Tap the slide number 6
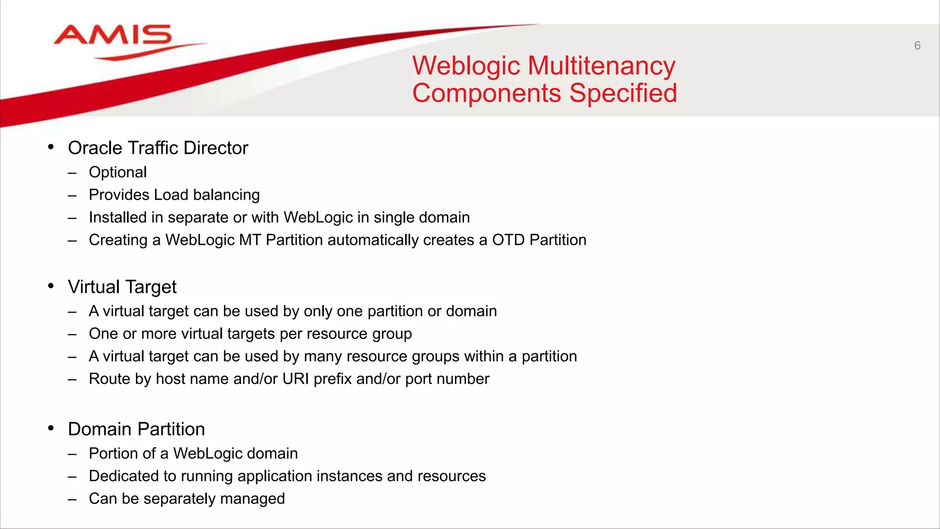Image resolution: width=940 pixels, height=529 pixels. pos(917,45)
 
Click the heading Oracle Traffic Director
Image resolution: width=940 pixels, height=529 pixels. pos(158,148)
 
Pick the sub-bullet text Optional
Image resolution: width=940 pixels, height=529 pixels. pos(117,172)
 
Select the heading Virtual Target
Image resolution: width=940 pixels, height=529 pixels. pos(122,287)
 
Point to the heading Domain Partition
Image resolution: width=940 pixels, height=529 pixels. pos(136,429)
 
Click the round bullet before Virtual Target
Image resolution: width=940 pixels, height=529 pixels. pos(51,286)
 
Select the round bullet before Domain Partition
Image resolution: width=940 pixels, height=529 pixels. pos(51,428)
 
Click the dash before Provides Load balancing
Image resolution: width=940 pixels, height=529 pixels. pos(72,196)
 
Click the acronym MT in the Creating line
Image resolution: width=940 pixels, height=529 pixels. pos(250,240)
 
